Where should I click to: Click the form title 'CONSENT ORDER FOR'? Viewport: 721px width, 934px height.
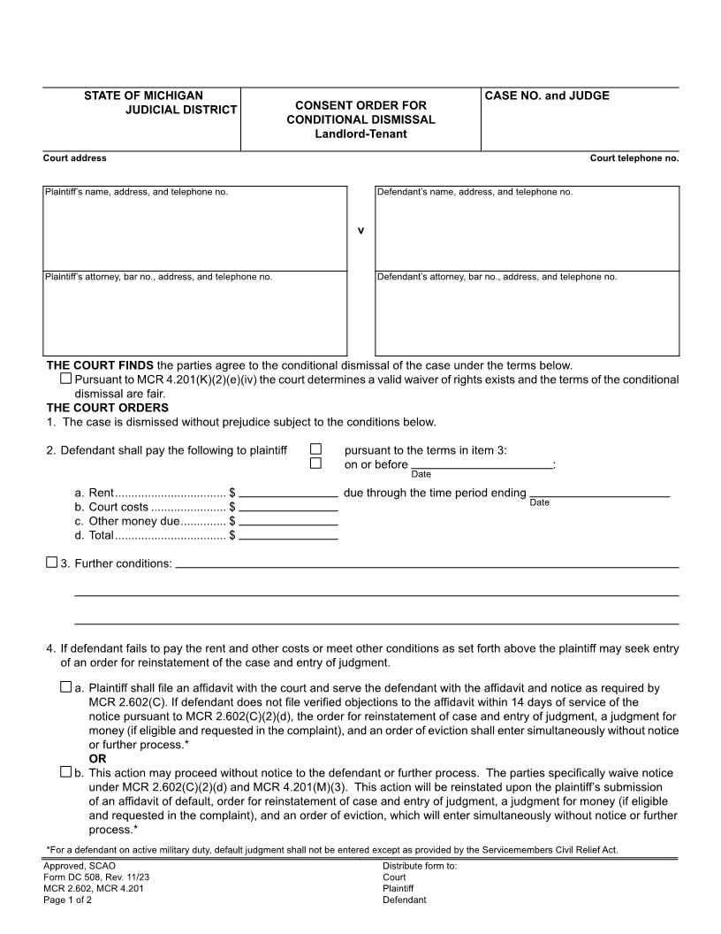360,105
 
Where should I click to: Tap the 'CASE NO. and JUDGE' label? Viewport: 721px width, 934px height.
547,96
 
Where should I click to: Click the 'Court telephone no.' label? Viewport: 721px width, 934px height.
634,158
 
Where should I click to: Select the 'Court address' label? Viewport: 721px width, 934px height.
75,158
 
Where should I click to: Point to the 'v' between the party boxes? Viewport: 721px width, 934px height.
360,231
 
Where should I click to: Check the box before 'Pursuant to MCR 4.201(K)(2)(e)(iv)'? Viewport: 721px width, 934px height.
65,379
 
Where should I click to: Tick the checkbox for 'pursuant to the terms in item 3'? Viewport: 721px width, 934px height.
316,449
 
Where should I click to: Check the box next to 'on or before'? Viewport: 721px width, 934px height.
316,463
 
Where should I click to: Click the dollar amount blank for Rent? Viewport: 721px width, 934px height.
288,492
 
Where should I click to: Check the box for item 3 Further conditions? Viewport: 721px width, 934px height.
51,563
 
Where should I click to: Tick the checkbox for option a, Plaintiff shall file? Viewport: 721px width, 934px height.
65,686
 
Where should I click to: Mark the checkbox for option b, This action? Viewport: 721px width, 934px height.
65,772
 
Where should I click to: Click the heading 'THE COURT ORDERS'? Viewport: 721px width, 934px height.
107,408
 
